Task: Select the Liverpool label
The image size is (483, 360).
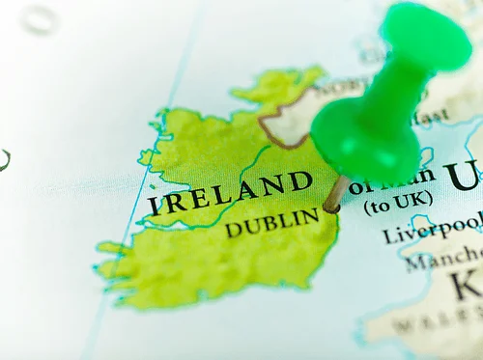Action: pos(432,231)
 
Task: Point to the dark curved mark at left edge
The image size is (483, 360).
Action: pos(4,160)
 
